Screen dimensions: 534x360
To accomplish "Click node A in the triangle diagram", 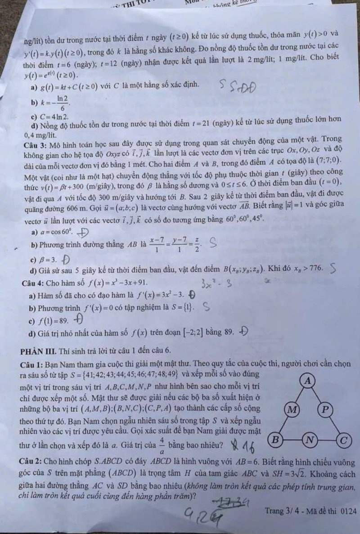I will point(308,381).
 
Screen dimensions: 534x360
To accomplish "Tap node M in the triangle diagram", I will point(292,410).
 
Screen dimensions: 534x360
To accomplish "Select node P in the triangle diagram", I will point(325,410).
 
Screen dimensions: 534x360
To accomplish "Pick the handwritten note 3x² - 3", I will point(217,284).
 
